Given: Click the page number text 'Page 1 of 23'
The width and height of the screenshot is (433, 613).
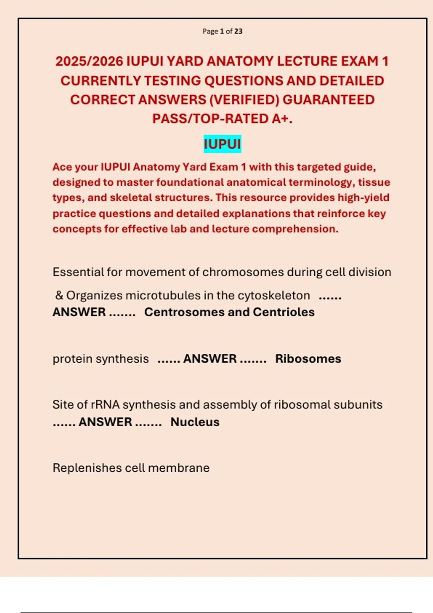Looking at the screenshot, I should point(222,31).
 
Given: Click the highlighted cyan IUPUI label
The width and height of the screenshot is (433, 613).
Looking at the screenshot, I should point(222,144).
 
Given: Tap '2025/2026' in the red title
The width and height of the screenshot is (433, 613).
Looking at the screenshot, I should point(89,61).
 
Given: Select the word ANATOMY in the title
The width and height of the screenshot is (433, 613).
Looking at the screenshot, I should point(239,61).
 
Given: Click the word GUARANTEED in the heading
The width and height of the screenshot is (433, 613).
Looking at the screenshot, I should point(328,100).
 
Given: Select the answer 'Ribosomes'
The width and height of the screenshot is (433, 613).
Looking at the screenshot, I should point(308,359).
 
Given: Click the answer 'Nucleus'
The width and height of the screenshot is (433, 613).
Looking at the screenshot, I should point(195,422).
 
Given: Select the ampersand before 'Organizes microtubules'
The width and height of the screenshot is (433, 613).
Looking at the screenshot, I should point(59,295).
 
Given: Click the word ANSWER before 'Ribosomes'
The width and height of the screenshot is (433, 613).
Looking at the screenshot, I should point(210,359).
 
